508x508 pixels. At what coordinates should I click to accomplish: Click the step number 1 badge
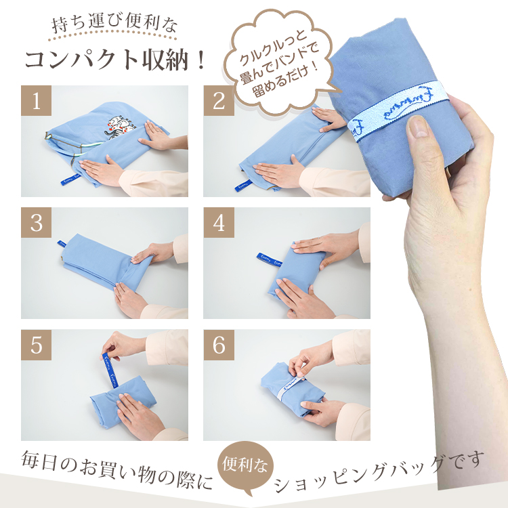[37, 100]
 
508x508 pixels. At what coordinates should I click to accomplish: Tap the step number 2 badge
[219, 100]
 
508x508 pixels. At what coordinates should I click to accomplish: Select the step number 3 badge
[37, 223]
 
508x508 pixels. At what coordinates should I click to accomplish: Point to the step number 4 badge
[219, 223]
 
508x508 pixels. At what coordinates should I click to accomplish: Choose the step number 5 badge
[37, 345]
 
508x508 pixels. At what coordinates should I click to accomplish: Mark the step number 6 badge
[219, 345]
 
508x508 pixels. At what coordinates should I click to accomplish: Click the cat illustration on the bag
[119, 127]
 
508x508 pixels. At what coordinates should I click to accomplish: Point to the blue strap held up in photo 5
[109, 371]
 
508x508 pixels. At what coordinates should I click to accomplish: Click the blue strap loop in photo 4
[270, 259]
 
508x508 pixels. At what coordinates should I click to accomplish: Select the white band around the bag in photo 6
[289, 387]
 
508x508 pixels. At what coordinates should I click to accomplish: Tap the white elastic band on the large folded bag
[399, 110]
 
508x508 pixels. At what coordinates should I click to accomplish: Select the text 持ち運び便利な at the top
[114, 24]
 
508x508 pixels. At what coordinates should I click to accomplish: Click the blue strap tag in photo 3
[62, 243]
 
